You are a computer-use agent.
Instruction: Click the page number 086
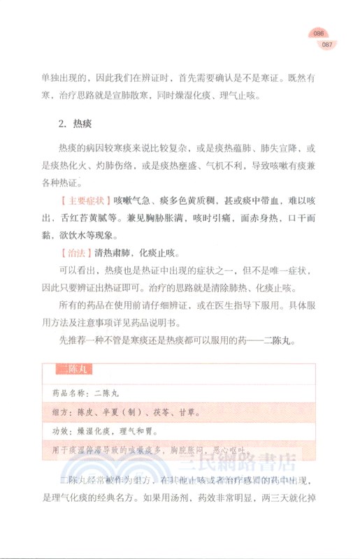[x=320, y=34]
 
